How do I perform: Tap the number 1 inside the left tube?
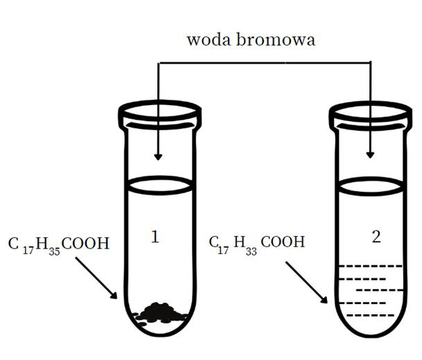tap(155, 237)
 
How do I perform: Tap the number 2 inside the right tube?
tap(376, 237)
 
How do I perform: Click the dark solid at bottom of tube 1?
tap(161, 313)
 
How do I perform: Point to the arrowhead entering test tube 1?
tap(159, 155)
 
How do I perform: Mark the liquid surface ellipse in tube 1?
tap(159, 184)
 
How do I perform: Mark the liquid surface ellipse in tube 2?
tap(371, 184)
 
